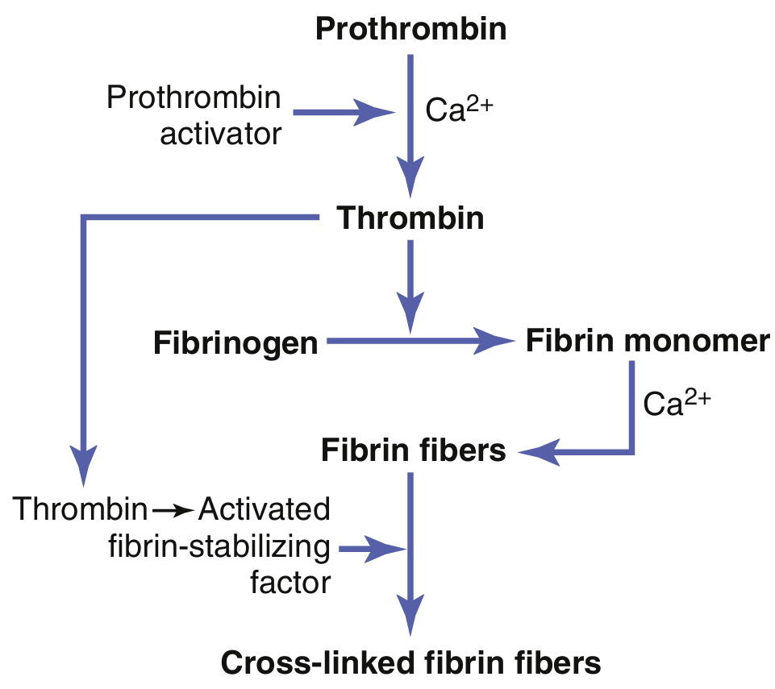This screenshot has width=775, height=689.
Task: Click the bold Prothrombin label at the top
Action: [x=410, y=29]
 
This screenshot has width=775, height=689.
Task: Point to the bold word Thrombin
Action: [x=410, y=218]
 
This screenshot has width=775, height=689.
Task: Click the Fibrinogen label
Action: [x=236, y=344]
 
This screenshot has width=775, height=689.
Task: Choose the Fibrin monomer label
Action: [x=648, y=341]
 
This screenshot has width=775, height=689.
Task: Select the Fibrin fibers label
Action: [x=413, y=450]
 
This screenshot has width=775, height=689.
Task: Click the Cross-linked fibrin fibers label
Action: [x=410, y=662]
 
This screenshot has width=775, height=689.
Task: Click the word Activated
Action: [x=265, y=509]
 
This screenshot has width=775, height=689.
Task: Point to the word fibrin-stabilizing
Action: [x=219, y=547]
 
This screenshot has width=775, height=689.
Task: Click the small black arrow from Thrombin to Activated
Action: [x=173, y=510]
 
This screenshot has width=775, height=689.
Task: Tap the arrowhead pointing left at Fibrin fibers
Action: [x=536, y=453]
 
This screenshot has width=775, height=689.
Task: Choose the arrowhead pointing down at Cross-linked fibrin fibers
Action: [x=410, y=619]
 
